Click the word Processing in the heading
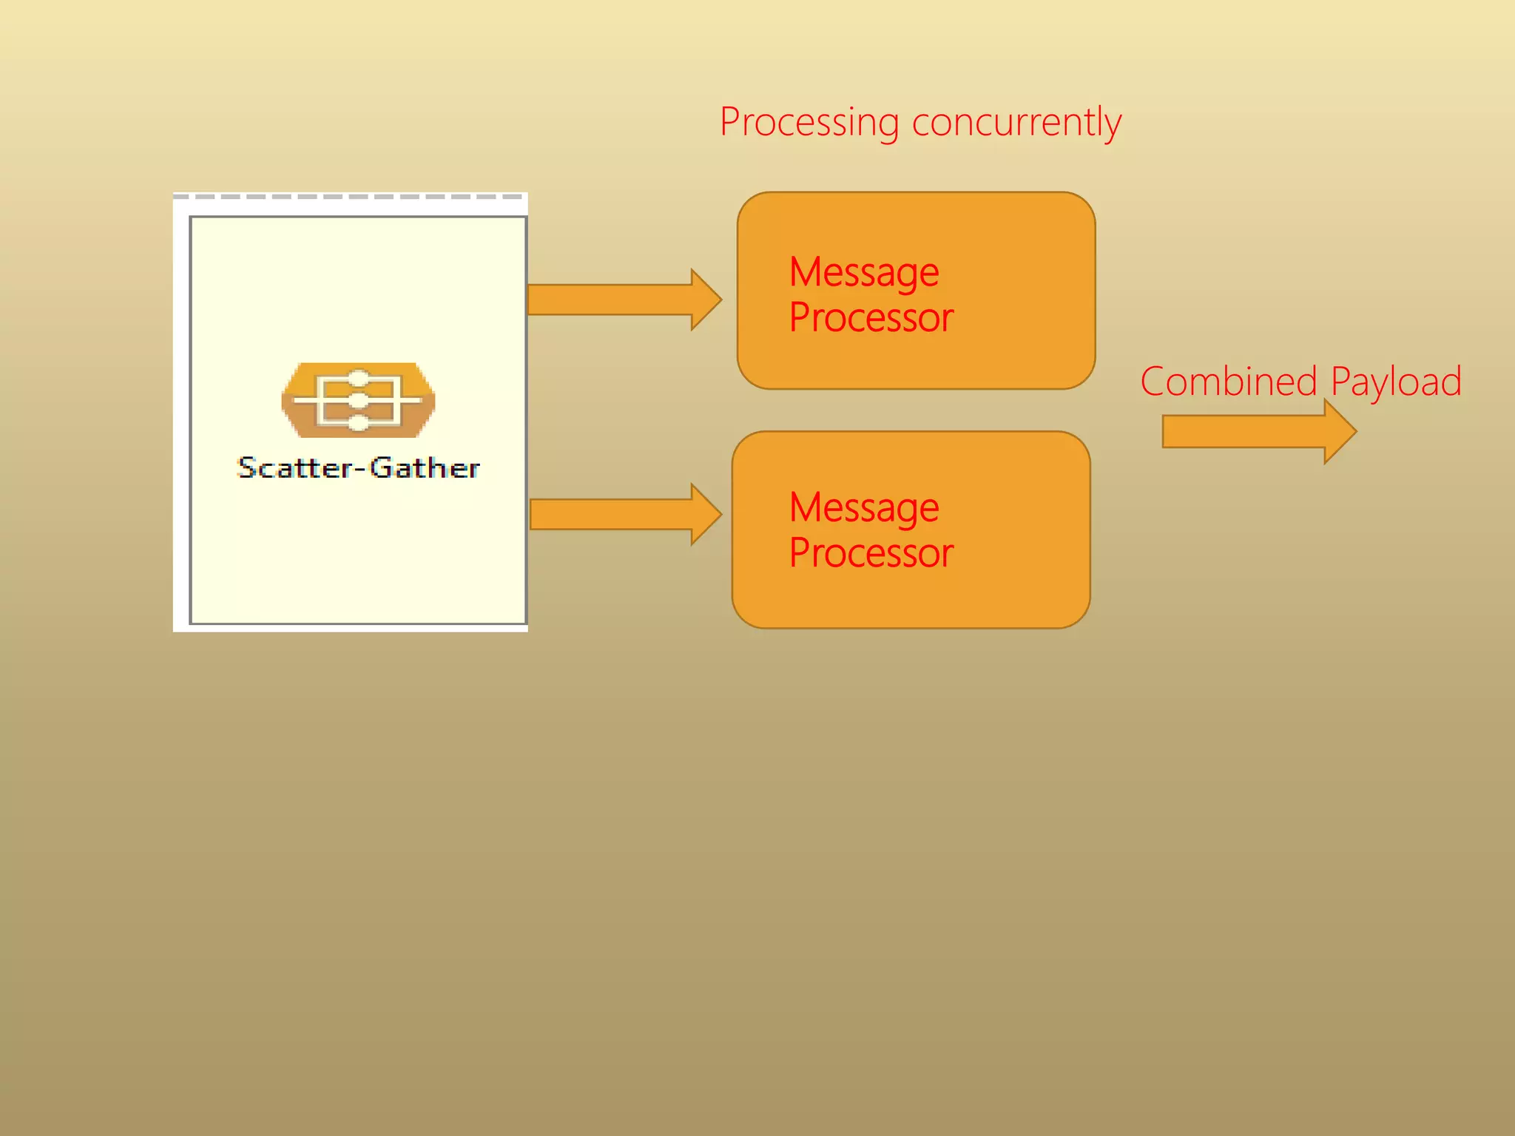pos(809,122)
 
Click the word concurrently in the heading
pos(1016,122)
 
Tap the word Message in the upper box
pos(864,272)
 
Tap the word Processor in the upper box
pos(871,318)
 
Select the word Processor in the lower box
pos(871,553)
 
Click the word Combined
pos(1229,382)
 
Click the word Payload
pos(1396,383)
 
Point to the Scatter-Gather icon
pos(358,400)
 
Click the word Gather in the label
pos(425,468)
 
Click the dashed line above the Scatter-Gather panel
pos(349,197)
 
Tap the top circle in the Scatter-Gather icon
pos(358,378)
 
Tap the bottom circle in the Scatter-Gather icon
pos(358,423)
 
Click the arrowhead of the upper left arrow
pos(705,300)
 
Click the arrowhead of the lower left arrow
pos(705,514)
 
